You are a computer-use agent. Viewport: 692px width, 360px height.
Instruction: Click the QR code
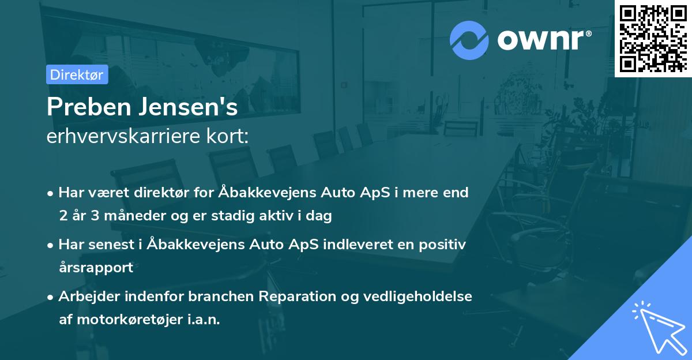pyautogui.click(x=653, y=38)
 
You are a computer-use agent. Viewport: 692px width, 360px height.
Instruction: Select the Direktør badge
pyautogui.click(x=77, y=74)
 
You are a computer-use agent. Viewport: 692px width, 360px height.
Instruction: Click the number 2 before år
pyautogui.click(x=62, y=216)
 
